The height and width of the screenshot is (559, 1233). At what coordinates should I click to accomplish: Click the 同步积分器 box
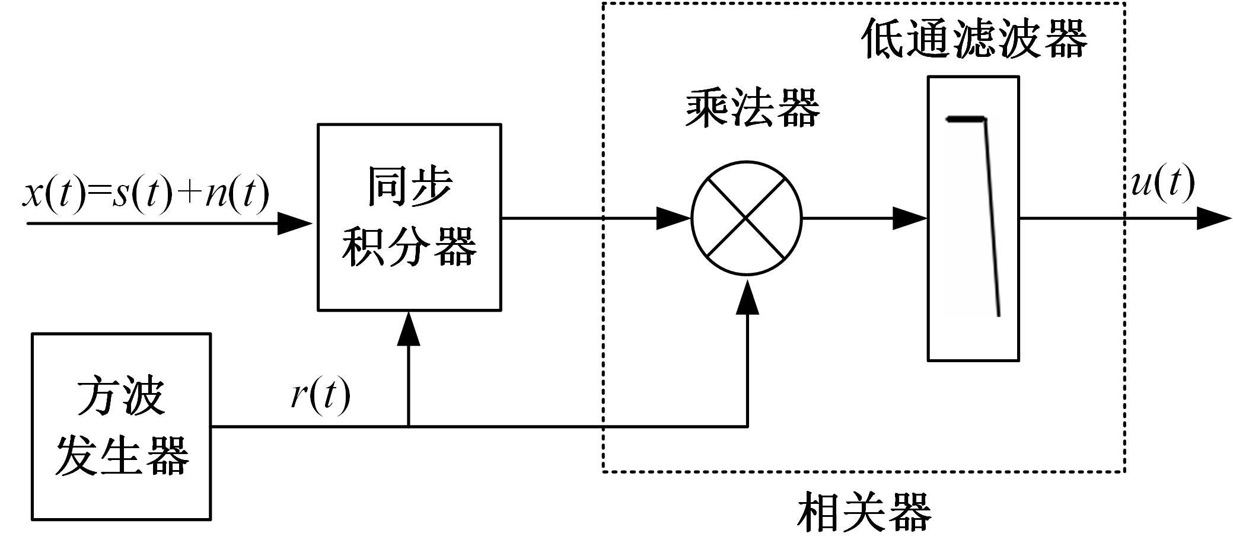point(409,217)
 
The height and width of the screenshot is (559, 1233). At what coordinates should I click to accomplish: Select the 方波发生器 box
point(121,426)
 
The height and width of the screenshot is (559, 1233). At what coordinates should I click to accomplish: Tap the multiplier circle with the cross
point(747,218)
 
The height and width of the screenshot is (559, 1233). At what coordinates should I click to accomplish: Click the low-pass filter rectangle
point(973,218)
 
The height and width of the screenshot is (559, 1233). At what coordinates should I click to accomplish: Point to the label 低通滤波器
point(974,39)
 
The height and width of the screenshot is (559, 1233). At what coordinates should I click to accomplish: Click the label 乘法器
point(752,108)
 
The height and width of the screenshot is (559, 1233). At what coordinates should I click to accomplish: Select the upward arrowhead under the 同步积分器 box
point(409,329)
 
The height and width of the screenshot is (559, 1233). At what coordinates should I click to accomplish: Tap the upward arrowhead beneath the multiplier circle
point(747,298)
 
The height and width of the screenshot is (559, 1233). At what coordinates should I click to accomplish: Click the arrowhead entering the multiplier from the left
point(674,218)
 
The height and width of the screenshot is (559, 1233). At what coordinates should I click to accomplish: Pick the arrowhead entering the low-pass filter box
point(910,218)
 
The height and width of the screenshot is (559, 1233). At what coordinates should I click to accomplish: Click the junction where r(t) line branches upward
point(409,426)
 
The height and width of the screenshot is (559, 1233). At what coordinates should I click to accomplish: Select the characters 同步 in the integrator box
point(409,187)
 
